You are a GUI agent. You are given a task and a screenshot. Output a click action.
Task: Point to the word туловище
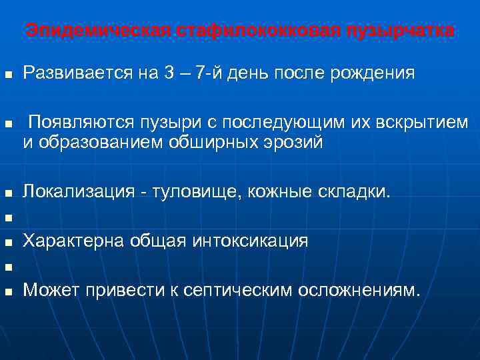(198, 193)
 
